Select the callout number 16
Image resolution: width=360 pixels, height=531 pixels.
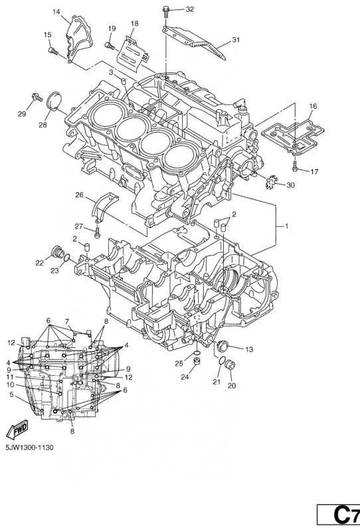point(312,106)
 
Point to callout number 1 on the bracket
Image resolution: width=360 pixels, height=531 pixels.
point(286,226)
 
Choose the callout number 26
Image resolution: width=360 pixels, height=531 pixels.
point(79,195)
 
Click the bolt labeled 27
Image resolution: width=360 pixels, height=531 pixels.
point(98,232)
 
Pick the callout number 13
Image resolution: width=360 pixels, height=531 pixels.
point(248,349)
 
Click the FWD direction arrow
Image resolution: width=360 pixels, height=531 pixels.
point(15,427)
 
